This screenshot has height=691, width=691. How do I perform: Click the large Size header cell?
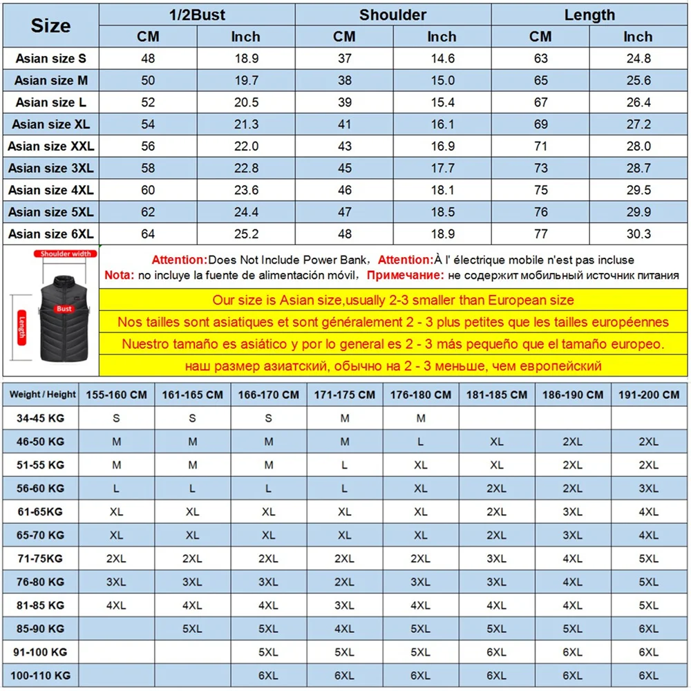click(x=50, y=26)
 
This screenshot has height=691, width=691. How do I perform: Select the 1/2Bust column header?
click(x=197, y=15)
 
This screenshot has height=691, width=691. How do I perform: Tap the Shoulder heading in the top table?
click(x=392, y=15)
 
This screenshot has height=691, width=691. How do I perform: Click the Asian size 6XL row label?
click(x=50, y=234)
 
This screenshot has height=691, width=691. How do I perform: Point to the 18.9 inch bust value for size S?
click(x=246, y=58)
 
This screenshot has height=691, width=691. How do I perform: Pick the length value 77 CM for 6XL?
click(x=540, y=234)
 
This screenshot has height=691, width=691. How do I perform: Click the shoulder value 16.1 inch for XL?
click(x=442, y=124)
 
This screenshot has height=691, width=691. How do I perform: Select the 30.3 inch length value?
click(x=638, y=234)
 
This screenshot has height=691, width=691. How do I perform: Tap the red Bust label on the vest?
click(x=65, y=309)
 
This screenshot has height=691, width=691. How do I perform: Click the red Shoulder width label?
click(x=65, y=254)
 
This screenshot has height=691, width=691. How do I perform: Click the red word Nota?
click(x=119, y=276)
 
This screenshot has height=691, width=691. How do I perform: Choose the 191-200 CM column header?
click(x=648, y=395)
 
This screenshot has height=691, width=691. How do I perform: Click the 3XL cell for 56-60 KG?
click(x=648, y=489)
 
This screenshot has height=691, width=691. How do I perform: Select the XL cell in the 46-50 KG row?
click(x=496, y=442)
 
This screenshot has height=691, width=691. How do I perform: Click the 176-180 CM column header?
click(x=420, y=395)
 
